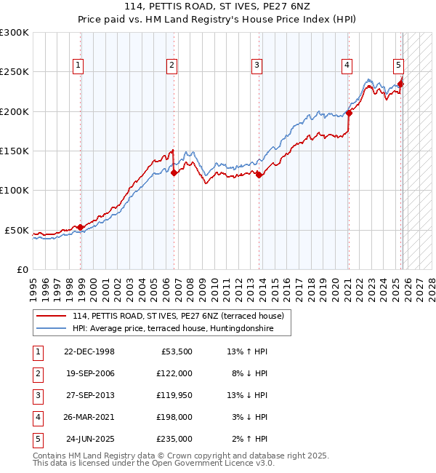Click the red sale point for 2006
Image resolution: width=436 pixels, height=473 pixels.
pyautogui.click(x=174, y=172)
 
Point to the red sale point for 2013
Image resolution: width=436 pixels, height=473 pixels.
pyautogui.click(x=259, y=174)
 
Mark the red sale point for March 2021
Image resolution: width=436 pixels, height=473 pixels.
pyautogui.click(x=349, y=113)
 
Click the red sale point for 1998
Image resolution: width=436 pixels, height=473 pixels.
pyautogui.click(x=81, y=227)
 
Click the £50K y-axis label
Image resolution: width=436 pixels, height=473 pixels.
pyautogui.click(x=17, y=230)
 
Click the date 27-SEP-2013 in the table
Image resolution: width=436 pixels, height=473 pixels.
pyautogui.click(x=89, y=395)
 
